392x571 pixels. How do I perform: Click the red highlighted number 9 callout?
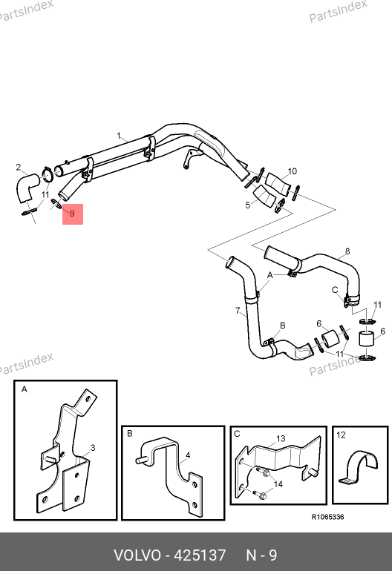72,214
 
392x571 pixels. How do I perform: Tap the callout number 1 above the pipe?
119,136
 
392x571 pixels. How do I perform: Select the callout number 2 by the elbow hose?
19,168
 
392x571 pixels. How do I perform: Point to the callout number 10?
292,171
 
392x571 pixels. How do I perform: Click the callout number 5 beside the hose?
247,205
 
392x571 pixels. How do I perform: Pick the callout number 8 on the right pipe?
347,251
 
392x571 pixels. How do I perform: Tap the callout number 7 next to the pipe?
238,311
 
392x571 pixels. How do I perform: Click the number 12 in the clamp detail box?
341,435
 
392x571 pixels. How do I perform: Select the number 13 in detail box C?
281,438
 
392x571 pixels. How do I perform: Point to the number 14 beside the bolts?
278,484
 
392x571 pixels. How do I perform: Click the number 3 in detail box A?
93,448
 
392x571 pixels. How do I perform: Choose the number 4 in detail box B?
188,455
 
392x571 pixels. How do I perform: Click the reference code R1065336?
327,517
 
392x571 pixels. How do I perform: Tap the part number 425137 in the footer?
200,555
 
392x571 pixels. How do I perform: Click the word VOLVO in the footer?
137,555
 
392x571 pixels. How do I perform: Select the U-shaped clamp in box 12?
359,468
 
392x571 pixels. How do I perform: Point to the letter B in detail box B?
130,434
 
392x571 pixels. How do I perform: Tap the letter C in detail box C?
237,434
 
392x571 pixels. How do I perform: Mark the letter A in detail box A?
24,389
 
